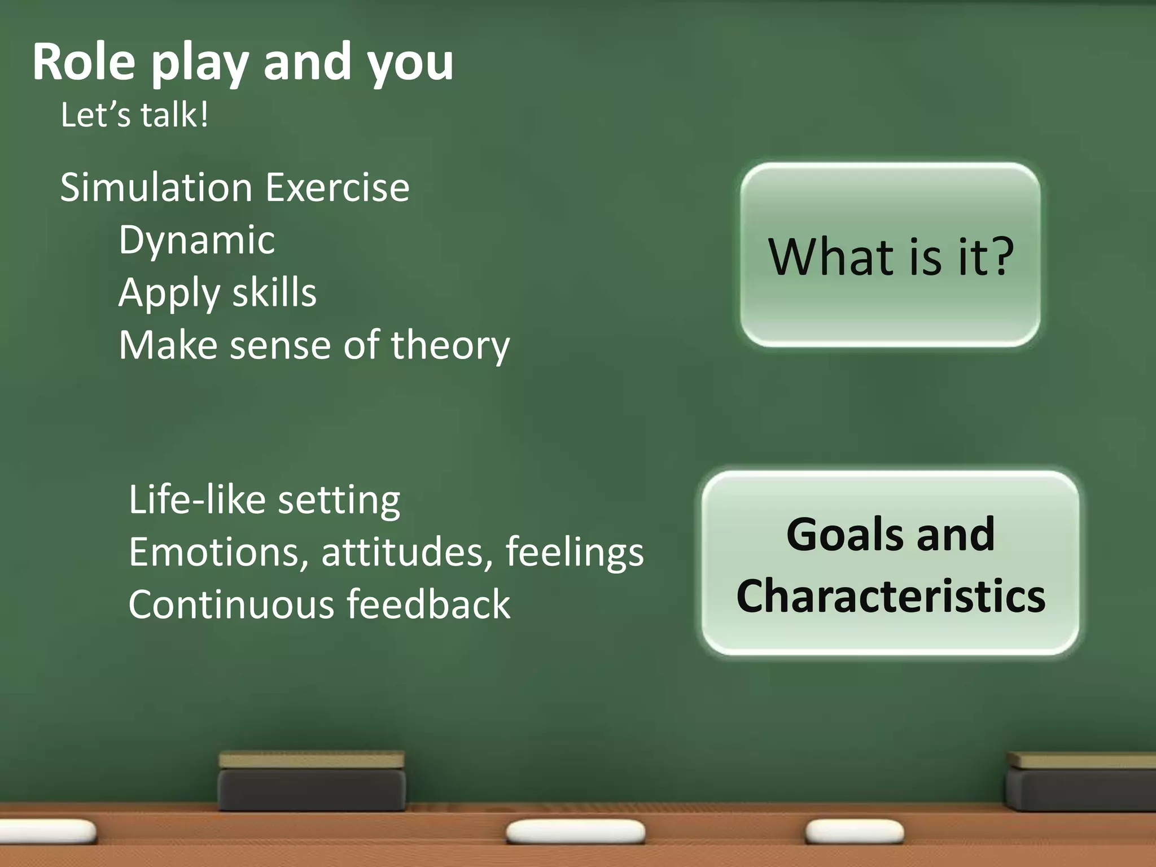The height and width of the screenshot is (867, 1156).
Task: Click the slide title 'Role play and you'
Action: [243, 62]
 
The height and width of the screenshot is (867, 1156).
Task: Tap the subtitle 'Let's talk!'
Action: [134, 115]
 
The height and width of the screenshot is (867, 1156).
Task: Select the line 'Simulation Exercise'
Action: [235, 188]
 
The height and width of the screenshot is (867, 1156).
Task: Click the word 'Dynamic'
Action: [196, 240]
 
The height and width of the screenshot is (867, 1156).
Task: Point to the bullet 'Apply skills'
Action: [217, 293]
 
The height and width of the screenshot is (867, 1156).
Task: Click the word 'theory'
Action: [450, 345]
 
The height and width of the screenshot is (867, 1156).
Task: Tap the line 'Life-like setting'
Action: [264, 500]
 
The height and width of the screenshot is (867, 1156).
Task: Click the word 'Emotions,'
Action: [218, 552]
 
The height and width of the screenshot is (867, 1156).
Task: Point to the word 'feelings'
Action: [574, 552]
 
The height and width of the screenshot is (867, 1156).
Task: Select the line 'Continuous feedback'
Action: [319, 605]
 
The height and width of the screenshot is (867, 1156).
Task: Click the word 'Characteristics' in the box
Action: [891, 596]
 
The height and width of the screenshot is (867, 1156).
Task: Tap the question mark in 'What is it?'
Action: [1001, 257]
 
